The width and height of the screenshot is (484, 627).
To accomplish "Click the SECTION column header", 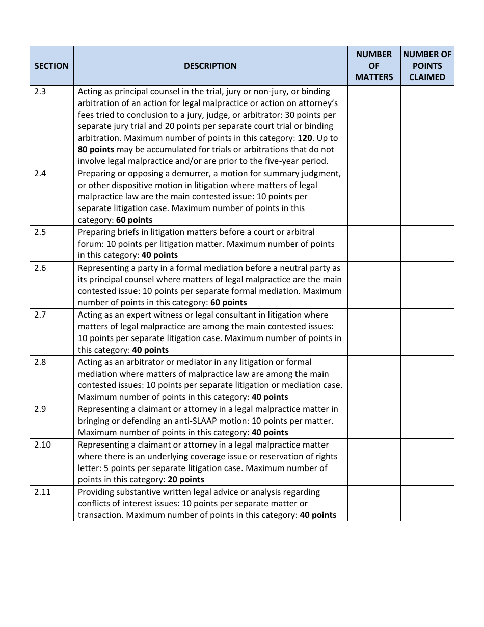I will point(51,66).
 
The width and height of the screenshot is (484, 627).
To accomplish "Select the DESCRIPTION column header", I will point(210,66).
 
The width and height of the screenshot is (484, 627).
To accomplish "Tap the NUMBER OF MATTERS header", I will point(374,66).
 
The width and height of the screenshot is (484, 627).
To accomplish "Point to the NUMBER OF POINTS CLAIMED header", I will point(427,66).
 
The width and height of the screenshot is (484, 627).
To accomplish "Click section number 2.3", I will point(40,92).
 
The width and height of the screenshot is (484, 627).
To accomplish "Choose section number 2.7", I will point(40,315).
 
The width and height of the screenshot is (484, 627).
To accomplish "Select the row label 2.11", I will point(42,492).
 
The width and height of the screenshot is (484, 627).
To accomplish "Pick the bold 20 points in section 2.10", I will point(185,480).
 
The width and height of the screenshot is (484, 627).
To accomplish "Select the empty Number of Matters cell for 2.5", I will point(374,244).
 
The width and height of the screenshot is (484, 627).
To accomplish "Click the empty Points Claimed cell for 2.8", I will point(427,379).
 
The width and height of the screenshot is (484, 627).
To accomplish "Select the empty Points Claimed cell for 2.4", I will point(427,197).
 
